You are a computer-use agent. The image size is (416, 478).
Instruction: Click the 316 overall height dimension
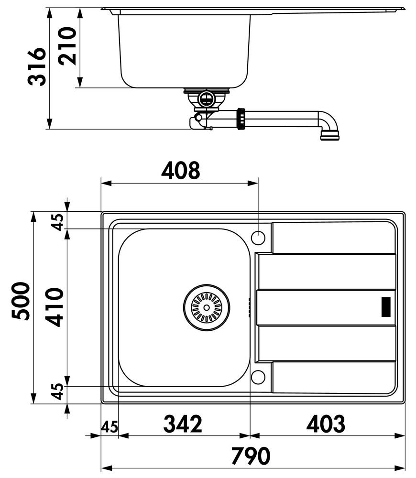(x=37, y=66)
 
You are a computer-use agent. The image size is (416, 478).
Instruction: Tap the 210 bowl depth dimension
(x=67, y=46)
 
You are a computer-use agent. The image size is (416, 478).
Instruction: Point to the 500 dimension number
(x=21, y=301)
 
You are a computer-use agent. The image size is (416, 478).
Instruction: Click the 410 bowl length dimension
(x=55, y=307)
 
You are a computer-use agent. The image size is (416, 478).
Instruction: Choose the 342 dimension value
(x=183, y=424)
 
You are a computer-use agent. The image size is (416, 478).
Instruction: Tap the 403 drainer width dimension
(x=326, y=424)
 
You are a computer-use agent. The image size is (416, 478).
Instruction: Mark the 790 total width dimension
(x=251, y=456)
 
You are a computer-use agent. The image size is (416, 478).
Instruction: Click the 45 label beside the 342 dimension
(x=109, y=427)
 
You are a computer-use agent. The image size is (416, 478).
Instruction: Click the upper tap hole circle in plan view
(x=258, y=238)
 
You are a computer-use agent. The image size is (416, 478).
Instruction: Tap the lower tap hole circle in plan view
(x=258, y=377)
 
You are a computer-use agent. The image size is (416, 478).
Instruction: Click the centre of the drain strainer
(x=207, y=307)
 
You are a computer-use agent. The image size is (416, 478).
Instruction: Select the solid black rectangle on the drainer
(x=386, y=307)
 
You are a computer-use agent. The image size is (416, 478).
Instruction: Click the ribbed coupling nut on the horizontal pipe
(x=241, y=119)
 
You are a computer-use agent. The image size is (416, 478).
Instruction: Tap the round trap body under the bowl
(x=206, y=98)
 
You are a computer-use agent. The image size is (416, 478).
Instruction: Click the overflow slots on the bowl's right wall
(x=249, y=307)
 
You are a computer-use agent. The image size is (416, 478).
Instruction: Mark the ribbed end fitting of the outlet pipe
(x=329, y=135)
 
